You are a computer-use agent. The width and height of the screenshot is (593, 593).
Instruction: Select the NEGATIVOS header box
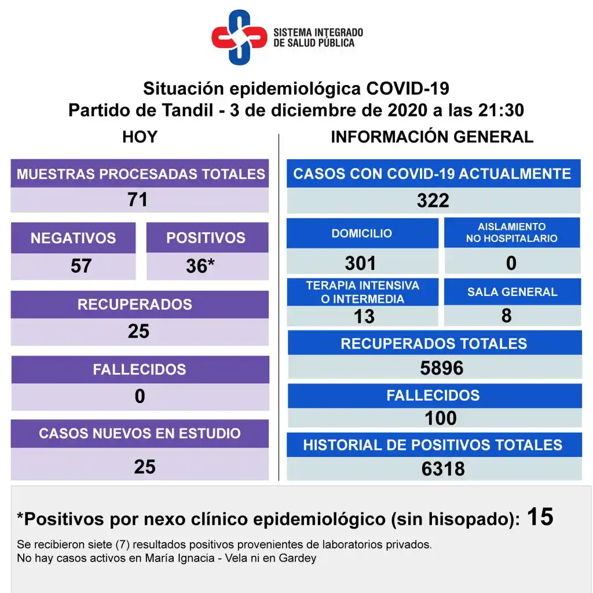pos(73,238)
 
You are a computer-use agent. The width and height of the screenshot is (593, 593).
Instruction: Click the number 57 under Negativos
pos(81,266)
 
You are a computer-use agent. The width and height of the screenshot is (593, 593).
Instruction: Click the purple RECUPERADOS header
pos(139,305)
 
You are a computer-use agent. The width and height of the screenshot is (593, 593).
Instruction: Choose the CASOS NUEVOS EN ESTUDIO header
pos(140,433)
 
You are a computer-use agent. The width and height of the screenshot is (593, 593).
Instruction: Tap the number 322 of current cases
pos(433,200)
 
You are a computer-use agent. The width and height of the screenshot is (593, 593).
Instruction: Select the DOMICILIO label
pos(362,233)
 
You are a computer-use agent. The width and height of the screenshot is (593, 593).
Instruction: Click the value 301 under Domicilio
pos(360,263)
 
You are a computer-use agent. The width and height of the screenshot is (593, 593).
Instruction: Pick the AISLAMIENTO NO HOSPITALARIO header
pos(512,233)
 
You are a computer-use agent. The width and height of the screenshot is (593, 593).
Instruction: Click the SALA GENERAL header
pos(512,292)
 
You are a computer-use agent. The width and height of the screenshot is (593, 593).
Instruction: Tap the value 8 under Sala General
pos(507,316)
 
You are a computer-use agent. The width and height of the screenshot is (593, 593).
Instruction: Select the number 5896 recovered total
pos(441,368)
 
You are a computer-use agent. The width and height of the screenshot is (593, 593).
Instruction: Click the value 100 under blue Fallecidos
pos(441,418)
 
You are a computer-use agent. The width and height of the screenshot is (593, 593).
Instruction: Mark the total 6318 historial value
pos(443,468)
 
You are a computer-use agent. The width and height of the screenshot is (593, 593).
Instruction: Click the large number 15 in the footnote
pos(540,517)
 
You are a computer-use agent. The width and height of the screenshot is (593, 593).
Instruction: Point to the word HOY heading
pos(140,137)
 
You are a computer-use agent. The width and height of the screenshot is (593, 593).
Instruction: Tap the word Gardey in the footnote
pos(298,559)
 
